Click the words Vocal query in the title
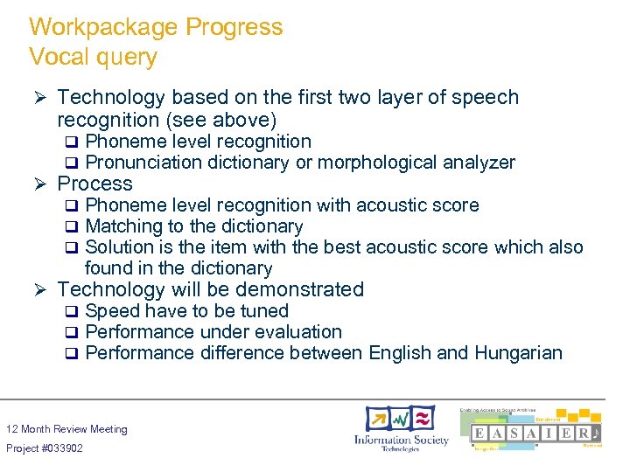click(x=93, y=58)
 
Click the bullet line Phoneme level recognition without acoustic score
click(x=198, y=142)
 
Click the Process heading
click(x=94, y=184)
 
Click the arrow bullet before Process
click(x=38, y=184)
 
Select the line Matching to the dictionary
click(x=193, y=226)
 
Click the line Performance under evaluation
click(x=213, y=332)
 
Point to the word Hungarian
click(x=518, y=353)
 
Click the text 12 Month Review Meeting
click(x=66, y=429)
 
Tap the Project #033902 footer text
click(x=45, y=448)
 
